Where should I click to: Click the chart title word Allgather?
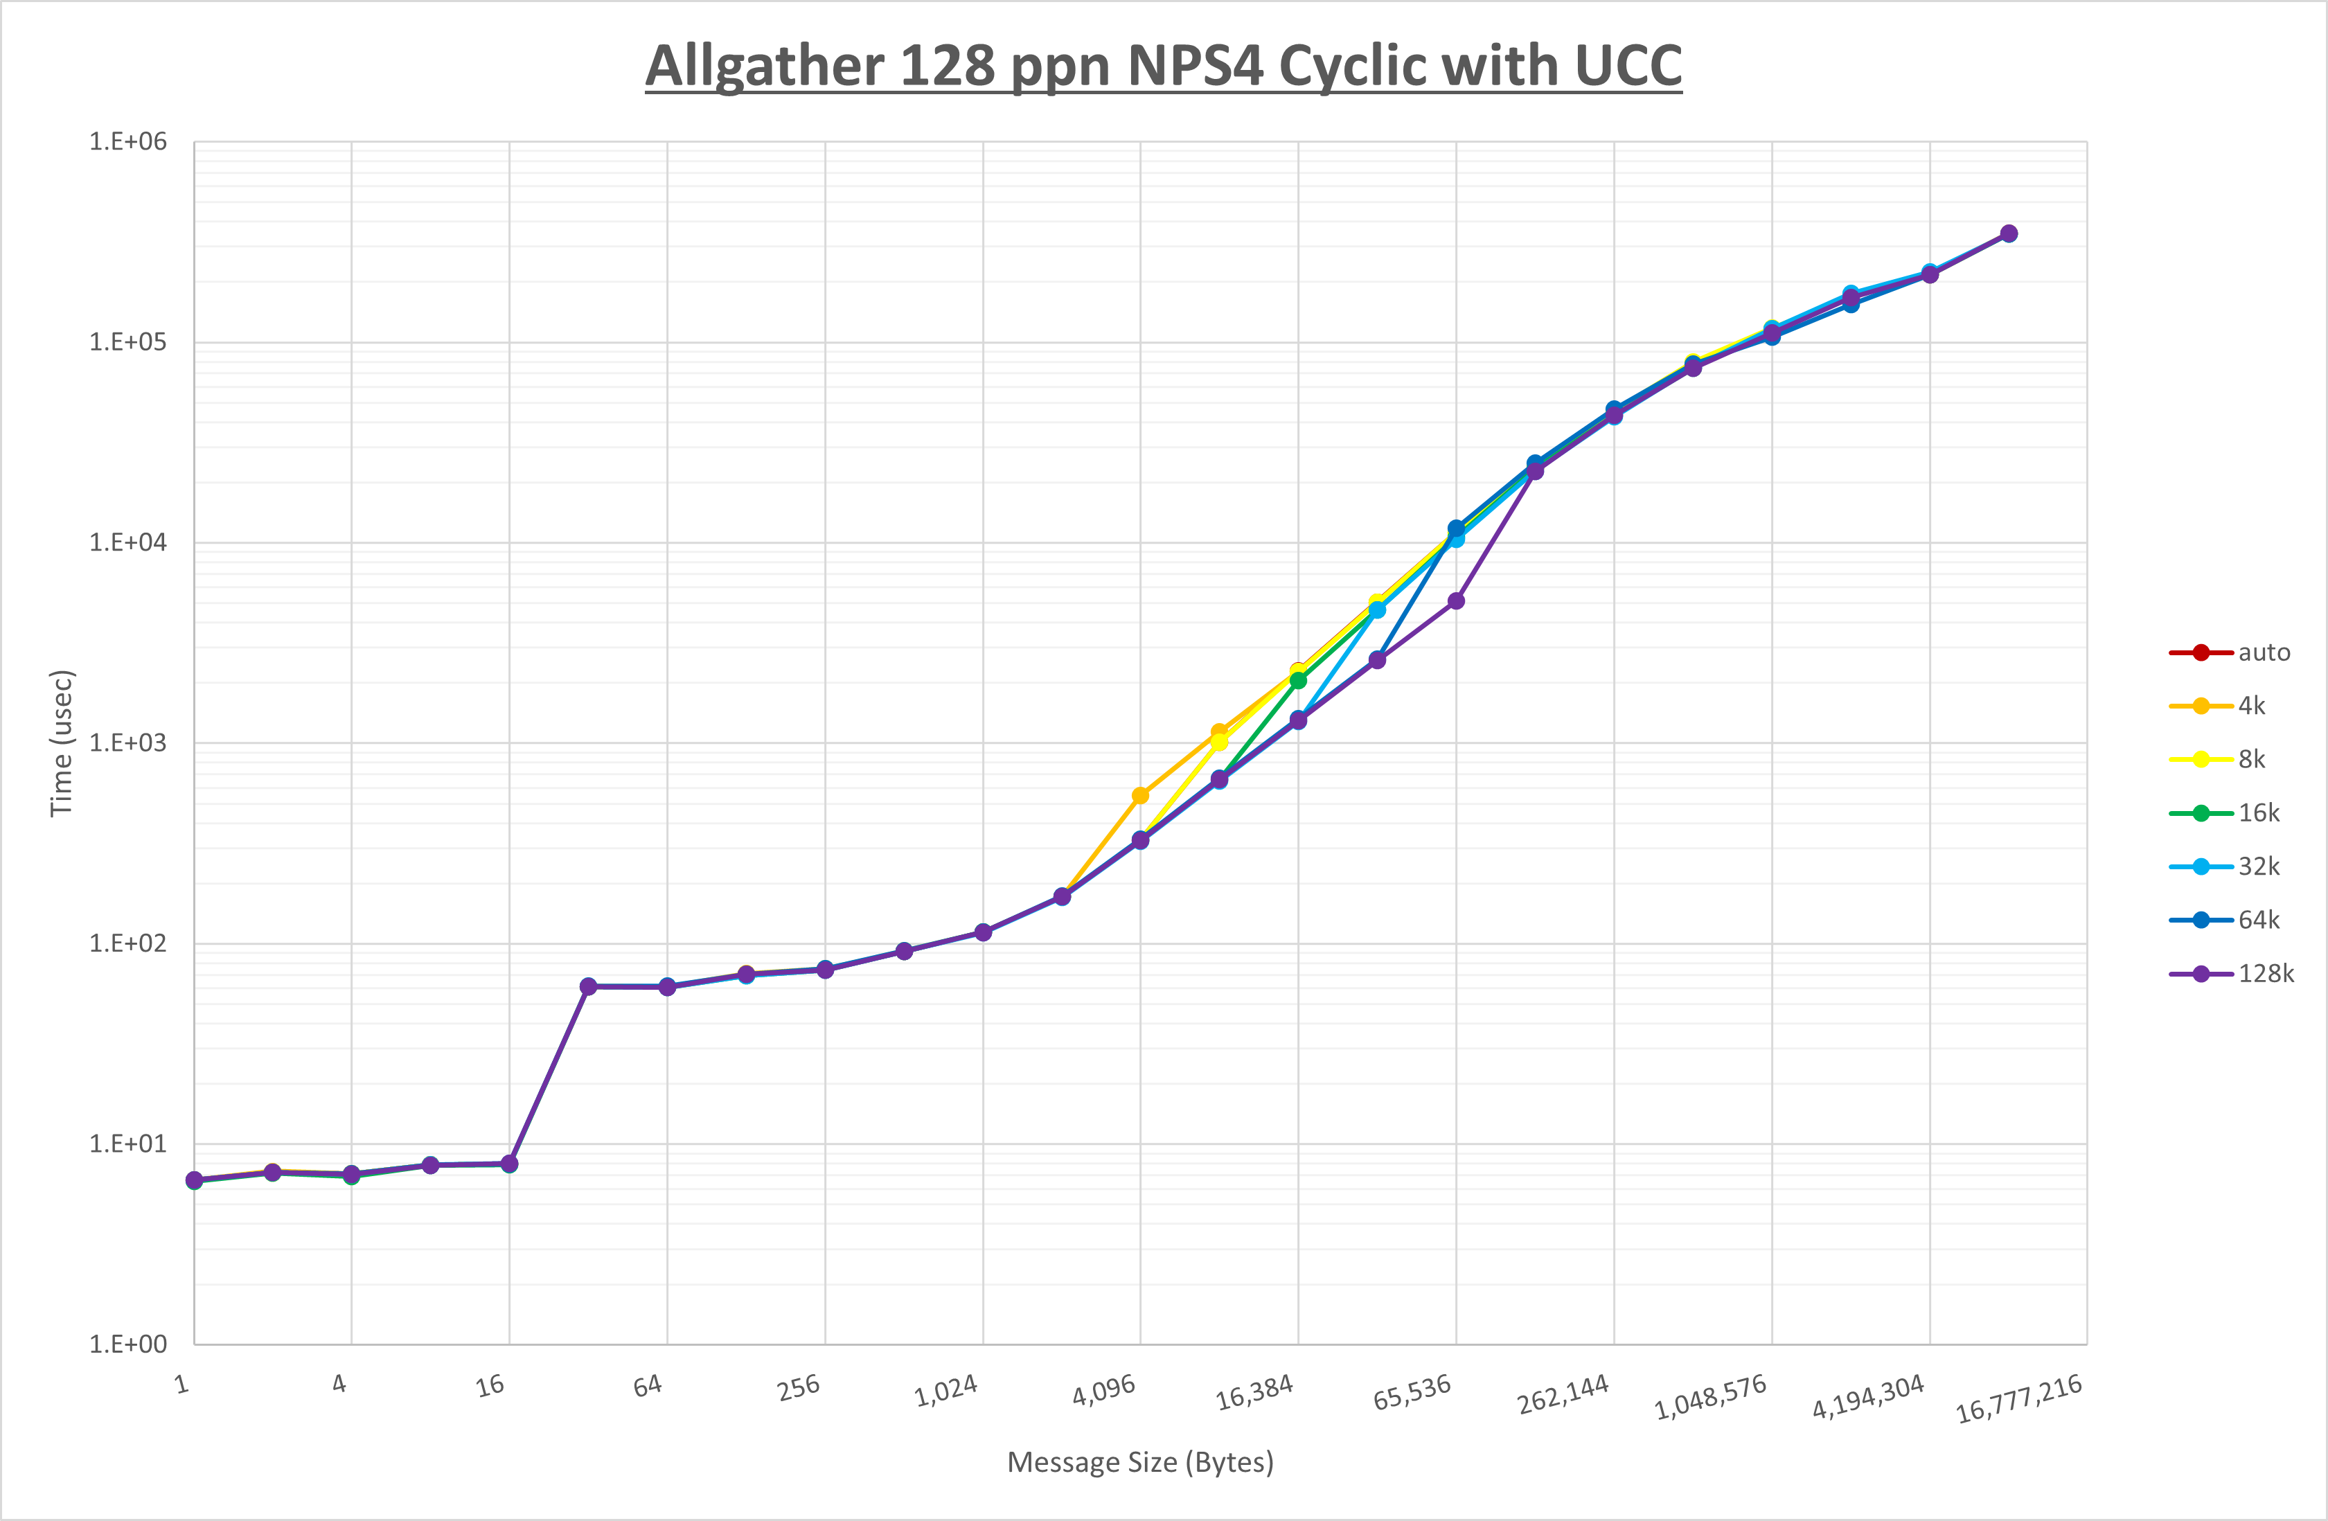tap(764, 66)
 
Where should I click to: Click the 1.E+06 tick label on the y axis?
tap(128, 142)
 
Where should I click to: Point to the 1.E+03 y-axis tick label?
tap(128, 743)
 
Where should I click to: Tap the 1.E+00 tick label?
tap(128, 1344)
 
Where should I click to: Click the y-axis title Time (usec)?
tap(62, 743)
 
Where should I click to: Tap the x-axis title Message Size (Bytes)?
tap(1141, 1462)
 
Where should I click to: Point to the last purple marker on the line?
tap(2008, 234)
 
